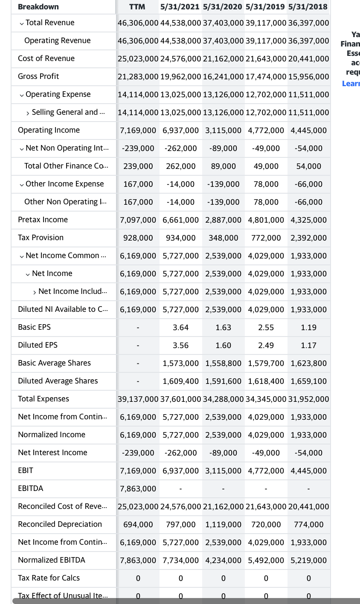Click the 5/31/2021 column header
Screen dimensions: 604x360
tap(180, 7)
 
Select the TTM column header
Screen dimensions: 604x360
tap(137, 7)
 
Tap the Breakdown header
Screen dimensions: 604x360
tap(38, 7)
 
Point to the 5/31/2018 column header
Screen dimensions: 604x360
tap(308, 7)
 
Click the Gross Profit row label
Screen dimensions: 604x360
tap(38, 76)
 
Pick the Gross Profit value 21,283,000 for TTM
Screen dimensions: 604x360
tap(138, 76)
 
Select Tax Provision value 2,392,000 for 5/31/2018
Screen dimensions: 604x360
tap(308, 238)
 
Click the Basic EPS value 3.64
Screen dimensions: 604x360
tap(180, 327)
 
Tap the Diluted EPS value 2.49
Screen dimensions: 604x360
tap(266, 345)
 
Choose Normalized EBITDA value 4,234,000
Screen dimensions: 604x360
tap(223, 560)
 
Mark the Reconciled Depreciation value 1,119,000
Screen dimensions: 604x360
tap(223, 524)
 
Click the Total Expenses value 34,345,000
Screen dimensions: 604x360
tap(266, 399)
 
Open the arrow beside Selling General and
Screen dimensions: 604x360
tap(28, 113)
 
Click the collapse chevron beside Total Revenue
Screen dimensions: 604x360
tap(22, 23)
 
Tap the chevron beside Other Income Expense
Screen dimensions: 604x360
tap(22, 184)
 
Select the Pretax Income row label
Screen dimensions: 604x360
tap(43, 220)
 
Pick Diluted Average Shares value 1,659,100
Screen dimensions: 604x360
tap(308, 381)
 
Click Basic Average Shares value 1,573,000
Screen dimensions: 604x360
tap(180, 363)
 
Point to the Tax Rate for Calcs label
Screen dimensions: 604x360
tap(49, 578)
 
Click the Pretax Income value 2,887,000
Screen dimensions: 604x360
tap(223, 220)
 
